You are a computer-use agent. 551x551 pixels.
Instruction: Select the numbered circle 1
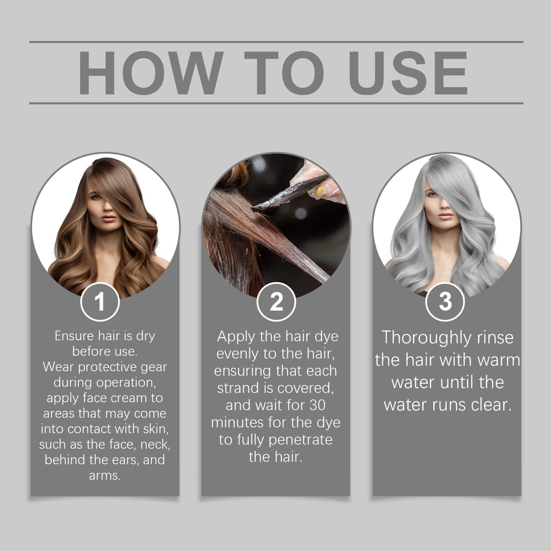pyautogui.click(x=100, y=302)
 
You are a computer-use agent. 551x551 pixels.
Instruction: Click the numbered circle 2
pyautogui.click(x=276, y=302)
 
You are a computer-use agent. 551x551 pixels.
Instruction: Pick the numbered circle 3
pyautogui.click(x=445, y=302)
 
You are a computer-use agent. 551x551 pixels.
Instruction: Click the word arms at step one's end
pyautogui.click(x=104, y=475)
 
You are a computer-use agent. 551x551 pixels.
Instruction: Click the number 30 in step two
pyautogui.click(x=317, y=405)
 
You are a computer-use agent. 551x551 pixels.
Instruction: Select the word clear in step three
pyautogui.click(x=490, y=405)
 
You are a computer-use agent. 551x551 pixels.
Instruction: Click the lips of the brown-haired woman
pyautogui.click(x=109, y=218)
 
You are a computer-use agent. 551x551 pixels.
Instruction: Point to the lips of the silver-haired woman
pyautogui.click(x=446, y=216)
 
